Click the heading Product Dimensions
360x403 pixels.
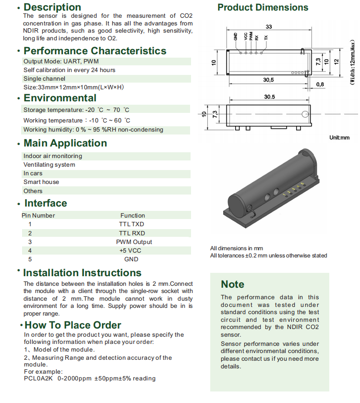coord(263,8)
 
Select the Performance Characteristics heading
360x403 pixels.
coord(95,51)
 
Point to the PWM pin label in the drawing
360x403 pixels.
coord(251,37)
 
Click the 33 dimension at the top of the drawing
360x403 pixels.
coord(268,27)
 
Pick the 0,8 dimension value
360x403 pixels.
coord(320,84)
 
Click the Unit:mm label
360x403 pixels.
coord(339,137)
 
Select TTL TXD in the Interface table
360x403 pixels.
coord(132,224)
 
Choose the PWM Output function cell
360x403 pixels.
coord(134,242)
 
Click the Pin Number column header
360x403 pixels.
coord(39,216)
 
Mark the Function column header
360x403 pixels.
coord(132,216)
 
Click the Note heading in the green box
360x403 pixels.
coord(232,284)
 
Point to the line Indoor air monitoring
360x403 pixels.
coord(53,156)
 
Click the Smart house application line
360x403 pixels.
coord(41,182)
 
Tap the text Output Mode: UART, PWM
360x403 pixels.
coord(61,61)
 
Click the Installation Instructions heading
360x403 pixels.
coord(82,273)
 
